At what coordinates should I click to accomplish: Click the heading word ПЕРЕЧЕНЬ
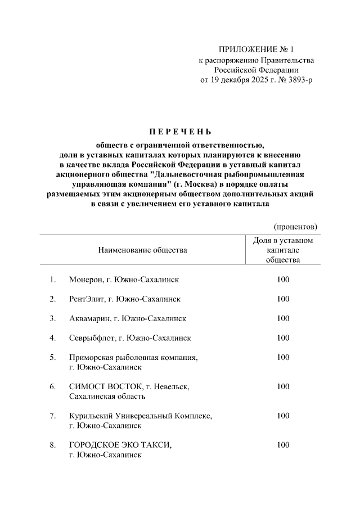pos(179,133)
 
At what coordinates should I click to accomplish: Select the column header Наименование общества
pos(142,249)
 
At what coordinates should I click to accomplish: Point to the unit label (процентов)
pos(295,227)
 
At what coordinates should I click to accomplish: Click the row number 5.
pos(52,357)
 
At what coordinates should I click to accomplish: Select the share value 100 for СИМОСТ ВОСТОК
pos(283,386)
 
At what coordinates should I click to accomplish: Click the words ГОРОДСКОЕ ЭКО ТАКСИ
pos(120,445)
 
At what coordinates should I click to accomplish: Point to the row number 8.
pos(52,445)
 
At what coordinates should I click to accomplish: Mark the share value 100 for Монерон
pos(283,279)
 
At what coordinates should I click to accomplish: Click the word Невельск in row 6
pos(171,386)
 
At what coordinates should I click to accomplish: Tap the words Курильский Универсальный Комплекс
pos(140,416)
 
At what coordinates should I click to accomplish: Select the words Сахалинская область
pos(107,396)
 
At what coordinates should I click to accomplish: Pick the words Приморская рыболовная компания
pos(133,357)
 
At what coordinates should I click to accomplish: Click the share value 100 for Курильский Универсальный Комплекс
pos(283,416)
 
